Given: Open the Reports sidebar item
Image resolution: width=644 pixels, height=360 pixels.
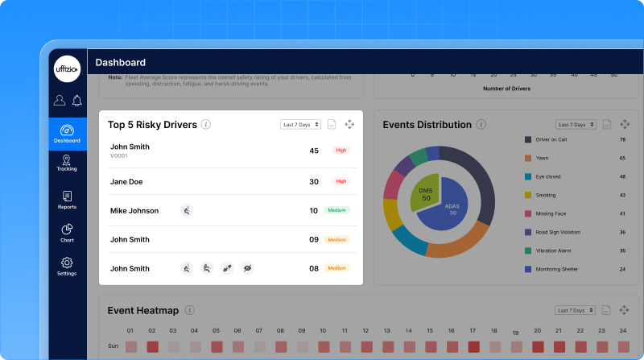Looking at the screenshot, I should point(67,200).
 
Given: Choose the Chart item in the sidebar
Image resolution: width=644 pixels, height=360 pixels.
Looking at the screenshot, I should point(67,233).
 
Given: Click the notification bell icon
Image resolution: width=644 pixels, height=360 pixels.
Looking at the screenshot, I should point(76,101).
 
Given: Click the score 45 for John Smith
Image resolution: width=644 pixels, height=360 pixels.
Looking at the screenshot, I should point(314,151).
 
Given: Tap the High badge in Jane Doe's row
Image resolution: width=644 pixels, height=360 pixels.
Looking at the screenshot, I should point(341,181).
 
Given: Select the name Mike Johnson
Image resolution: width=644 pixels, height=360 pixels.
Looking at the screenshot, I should point(134,211).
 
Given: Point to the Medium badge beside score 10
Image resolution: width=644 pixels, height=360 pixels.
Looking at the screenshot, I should point(336,210).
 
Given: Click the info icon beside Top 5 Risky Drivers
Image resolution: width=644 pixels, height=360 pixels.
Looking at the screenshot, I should point(206,125).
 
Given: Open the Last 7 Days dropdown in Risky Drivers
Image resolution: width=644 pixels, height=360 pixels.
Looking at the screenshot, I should point(301,124).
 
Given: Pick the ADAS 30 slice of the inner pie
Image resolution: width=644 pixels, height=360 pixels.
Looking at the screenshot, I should point(452,211).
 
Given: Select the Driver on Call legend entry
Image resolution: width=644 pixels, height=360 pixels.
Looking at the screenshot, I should point(552,139).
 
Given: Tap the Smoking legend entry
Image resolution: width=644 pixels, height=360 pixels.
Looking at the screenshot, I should point(545,195).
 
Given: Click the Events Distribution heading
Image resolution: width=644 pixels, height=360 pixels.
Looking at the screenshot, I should point(427,125).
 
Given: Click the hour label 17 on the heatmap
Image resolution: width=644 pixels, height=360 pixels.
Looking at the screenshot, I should point(473,330).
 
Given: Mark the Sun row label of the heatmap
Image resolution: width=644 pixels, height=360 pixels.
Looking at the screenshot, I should point(114,346).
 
